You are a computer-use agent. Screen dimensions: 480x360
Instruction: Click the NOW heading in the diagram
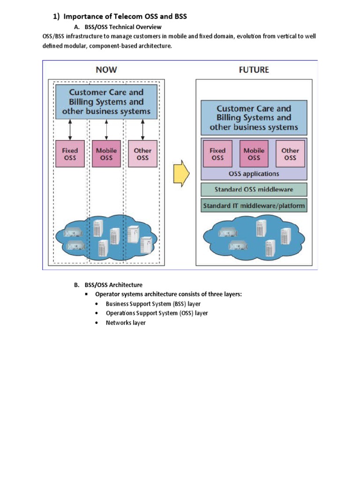[106, 70]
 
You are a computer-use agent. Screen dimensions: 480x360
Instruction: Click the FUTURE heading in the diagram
[254, 70]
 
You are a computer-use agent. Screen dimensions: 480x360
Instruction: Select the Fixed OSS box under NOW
[70, 154]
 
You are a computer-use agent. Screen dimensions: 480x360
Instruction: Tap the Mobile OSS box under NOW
[106, 154]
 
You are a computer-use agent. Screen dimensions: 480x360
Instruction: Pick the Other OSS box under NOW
[142, 154]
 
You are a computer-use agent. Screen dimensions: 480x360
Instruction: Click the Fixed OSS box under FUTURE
[217, 154]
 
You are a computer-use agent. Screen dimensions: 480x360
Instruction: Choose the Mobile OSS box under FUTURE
[254, 154]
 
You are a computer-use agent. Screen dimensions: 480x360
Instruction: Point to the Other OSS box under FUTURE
[290, 154]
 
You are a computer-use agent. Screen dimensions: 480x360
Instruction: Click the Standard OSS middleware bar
[254, 190]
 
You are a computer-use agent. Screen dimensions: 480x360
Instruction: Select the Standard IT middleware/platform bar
[254, 206]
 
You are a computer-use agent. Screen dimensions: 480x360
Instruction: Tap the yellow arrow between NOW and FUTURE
[181, 174]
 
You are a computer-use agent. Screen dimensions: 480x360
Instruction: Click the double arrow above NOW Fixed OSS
[70, 129]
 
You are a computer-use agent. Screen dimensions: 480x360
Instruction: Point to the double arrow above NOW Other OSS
[142, 129]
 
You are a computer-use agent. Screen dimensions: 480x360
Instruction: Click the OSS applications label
[254, 173]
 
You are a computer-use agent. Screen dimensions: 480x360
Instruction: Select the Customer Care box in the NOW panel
[106, 102]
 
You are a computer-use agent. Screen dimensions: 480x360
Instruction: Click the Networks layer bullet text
[126, 323]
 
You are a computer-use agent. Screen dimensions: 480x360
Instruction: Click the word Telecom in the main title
[128, 17]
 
